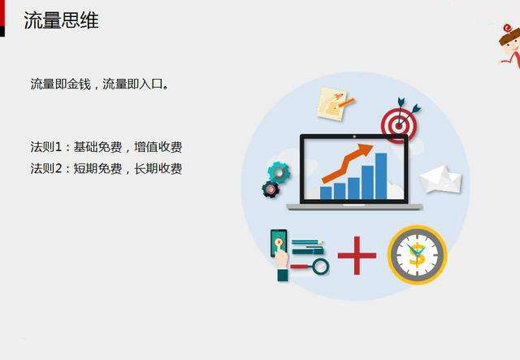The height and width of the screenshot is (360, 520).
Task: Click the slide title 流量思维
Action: [x=61, y=21]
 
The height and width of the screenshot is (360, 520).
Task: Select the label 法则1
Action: [x=46, y=147]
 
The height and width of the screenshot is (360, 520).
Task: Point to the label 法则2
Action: [x=46, y=168]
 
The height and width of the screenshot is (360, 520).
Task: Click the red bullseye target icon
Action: [x=399, y=123]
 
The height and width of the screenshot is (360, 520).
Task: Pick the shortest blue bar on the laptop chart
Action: [x=326, y=193]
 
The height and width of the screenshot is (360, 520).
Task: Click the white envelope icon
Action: [x=440, y=179]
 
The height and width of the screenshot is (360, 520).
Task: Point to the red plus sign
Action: [x=357, y=255]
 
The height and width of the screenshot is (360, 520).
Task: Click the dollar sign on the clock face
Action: [x=417, y=254]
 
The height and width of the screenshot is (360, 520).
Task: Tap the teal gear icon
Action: [x=279, y=171]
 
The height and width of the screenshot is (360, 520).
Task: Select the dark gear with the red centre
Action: [x=271, y=189]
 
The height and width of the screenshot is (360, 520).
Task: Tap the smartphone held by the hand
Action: [x=278, y=244]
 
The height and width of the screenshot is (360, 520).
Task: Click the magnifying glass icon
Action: [x=319, y=266]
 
